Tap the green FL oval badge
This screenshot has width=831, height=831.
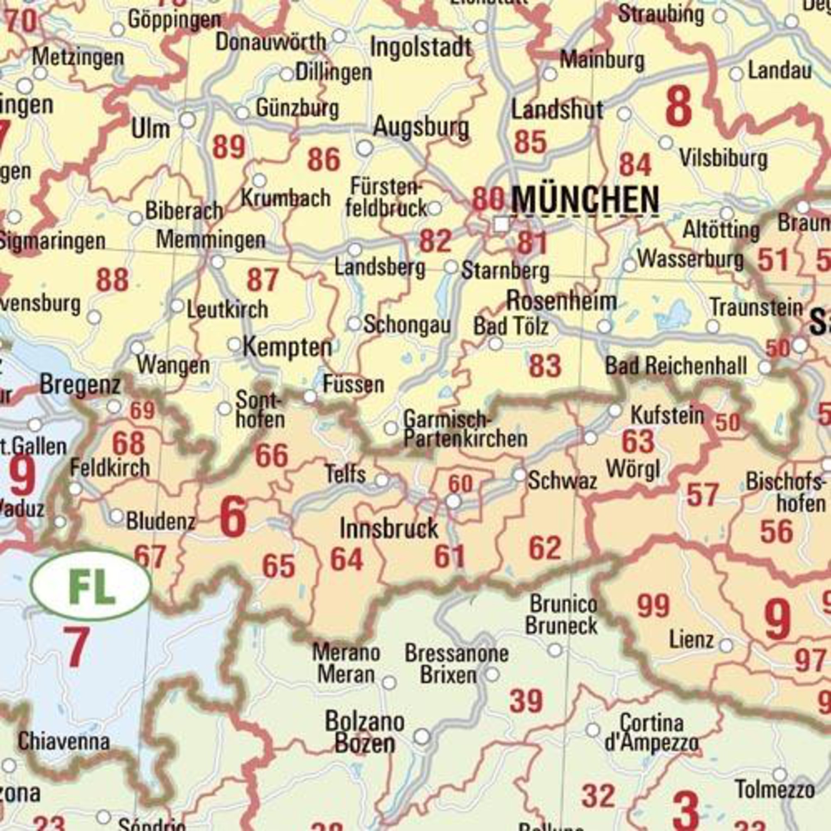pyautogui.click(x=91, y=586)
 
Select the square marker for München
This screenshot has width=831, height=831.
pyautogui.click(x=501, y=224)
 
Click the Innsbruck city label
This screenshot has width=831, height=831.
pyautogui.click(x=389, y=528)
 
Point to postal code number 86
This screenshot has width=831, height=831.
pyautogui.click(x=323, y=160)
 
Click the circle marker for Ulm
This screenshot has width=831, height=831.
pyautogui.click(x=187, y=120)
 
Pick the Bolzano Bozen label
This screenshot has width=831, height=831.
pyautogui.click(x=364, y=731)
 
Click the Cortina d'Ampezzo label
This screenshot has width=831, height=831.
pyautogui.click(x=651, y=732)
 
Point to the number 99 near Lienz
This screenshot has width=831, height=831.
pyautogui.click(x=653, y=606)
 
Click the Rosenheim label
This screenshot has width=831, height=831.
pyautogui.click(x=561, y=301)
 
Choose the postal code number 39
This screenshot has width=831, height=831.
pyautogui.click(x=526, y=701)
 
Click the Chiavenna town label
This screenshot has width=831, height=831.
pyautogui.click(x=64, y=741)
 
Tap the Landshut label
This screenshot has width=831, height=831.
pyautogui.click(x=557, y=111)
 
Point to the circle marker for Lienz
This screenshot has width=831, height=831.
pyautogui.click(x=726, y=645)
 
